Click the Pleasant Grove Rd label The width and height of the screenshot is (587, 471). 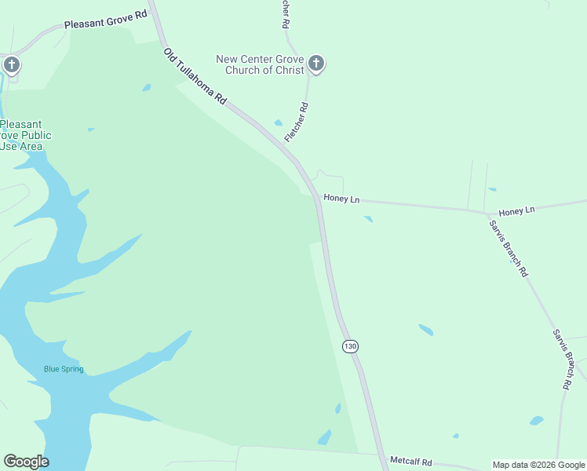coord(106,24)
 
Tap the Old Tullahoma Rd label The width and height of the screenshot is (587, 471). coord(195,77)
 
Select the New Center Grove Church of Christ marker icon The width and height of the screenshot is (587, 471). coord(316,64)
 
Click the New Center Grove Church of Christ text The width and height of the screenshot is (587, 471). coord(260,64)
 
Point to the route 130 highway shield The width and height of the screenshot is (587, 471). coord(350,346)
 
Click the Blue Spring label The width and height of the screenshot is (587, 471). coord(64,369)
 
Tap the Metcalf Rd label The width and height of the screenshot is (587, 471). coord(410,462)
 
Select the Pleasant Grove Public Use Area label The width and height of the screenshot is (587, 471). coord(25,135)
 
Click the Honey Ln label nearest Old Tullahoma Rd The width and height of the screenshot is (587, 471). coord(341,199)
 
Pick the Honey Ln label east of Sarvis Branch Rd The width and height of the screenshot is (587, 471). coord(516,211)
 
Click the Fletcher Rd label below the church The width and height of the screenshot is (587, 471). coord(297,122)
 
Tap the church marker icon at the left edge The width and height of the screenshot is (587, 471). coord(12,64)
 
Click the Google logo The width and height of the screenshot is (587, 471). coord(26,462)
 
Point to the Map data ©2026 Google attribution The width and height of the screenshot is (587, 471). coord(538,465)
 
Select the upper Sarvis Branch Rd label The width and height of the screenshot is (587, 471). coord(509,248)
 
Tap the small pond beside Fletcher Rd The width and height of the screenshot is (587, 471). coord(279,122)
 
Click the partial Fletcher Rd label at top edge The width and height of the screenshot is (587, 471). coord(285,14)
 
